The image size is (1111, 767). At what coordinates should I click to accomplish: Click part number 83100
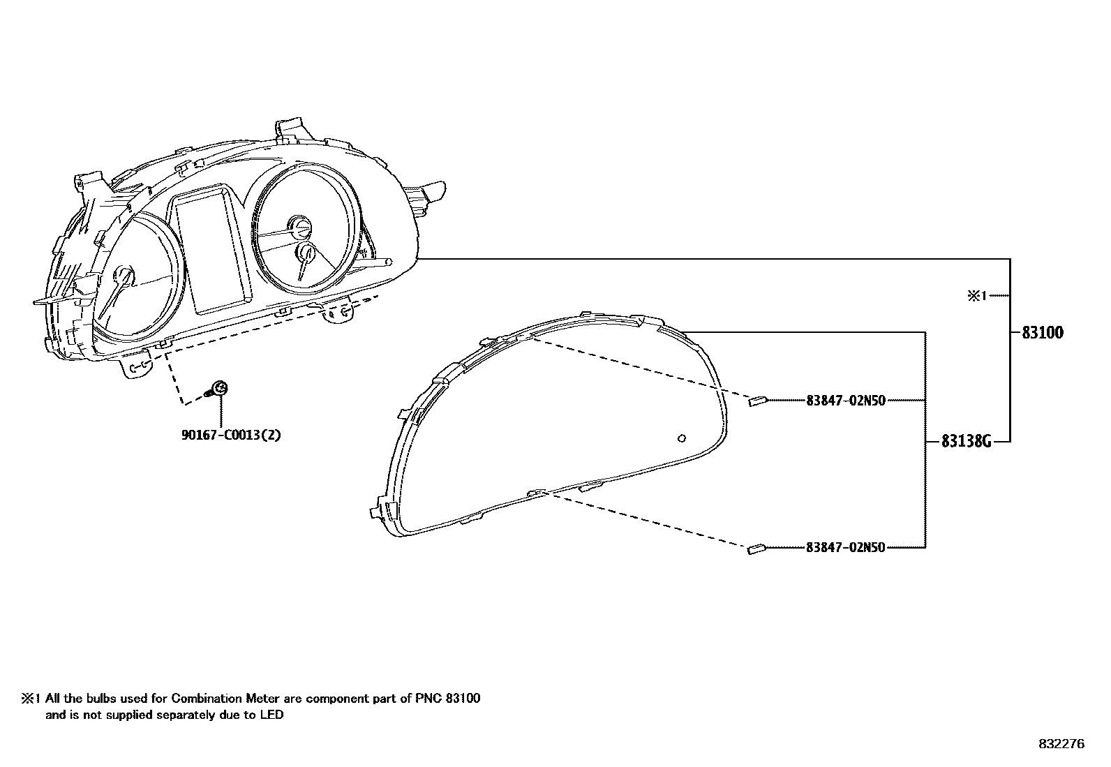[x=1043, y=333]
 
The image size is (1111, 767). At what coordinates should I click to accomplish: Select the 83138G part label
[x=966, y=441]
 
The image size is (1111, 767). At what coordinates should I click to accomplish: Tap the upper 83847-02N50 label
[x=845, y=401]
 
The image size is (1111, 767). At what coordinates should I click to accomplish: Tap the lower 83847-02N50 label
[x=845, y=548]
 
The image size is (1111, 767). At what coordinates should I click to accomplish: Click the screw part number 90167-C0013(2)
[x=231, y=435]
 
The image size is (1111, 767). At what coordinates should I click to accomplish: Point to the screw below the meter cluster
[x=219, y=389]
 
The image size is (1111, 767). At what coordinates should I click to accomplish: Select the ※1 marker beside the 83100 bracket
[x=976, y=296]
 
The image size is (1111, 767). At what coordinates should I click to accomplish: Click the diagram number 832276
[x=1061, y=744]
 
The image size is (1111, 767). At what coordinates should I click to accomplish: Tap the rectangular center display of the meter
[x=211, y=251]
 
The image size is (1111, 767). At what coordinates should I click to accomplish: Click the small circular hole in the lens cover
[x=682, y=438]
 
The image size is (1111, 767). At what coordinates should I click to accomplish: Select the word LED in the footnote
[x=274, y=715]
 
